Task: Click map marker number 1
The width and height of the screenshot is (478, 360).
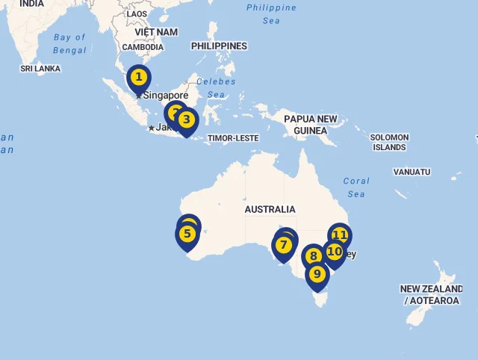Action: pos(138,78)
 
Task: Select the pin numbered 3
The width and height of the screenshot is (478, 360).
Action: pos(187,120)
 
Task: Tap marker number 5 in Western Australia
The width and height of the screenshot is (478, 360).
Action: pos(187,235)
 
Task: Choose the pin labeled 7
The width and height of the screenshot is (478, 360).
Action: pos(283,245)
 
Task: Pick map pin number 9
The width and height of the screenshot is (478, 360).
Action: pos(317,274)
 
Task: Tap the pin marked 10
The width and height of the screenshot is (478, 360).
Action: pos(335,252)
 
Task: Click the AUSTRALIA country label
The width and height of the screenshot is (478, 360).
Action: pos(270,209)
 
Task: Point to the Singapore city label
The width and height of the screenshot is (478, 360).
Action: pos(166,96)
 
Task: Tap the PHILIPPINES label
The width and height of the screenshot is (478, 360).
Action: pos(219,46)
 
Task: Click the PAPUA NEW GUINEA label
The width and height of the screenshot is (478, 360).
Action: pos(310,125)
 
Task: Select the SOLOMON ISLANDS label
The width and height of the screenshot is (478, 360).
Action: pos(390,142)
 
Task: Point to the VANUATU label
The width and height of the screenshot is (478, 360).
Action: pos(412,172)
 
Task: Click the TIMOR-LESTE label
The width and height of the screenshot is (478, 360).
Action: pos(232,138)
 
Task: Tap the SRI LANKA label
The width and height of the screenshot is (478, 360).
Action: pos(40,69)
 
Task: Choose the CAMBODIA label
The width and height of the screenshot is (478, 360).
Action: pos(142,47)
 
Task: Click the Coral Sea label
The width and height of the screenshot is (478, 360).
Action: pos(356,187)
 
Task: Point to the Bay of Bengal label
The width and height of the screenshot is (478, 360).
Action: pos(70,44)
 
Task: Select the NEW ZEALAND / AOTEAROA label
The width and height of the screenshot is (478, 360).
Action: pos(432,295)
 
